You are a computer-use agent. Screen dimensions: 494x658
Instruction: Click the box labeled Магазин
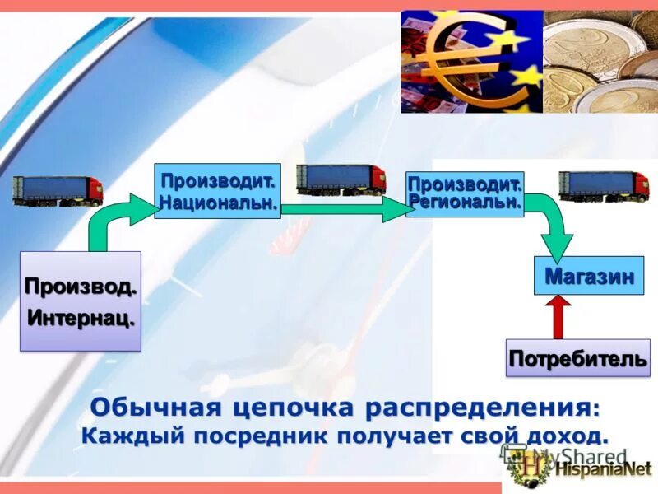click(589, 276)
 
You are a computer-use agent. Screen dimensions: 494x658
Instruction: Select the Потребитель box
click(577, 358)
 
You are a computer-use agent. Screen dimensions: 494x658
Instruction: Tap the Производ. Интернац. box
click(81, 301)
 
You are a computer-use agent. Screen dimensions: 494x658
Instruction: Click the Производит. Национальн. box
click(217, 191)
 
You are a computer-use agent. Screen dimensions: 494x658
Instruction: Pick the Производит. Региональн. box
click(465, 194)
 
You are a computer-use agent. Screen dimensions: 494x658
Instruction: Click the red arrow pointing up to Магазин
click(558, 317)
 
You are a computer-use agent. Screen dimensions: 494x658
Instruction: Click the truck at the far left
click(58, 190)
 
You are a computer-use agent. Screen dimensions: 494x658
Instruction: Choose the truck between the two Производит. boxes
click(341, 179)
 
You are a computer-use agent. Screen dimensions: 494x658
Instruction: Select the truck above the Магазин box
click(604, 185)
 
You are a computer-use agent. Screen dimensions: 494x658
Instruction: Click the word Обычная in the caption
click(153, 407)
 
